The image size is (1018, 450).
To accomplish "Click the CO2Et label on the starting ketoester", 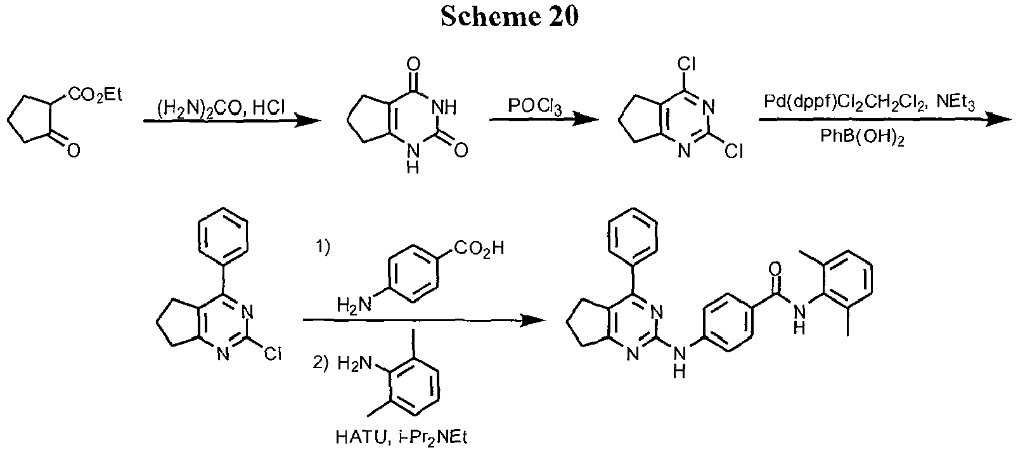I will [x=95, y=96].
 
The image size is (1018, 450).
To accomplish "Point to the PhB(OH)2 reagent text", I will [x=866, y=140].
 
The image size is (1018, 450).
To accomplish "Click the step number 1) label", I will [x=323, y=250].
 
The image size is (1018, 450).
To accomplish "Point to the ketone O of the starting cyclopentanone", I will [x=74, y=150].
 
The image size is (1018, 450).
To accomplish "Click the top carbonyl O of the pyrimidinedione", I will [x=414, y=65].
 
